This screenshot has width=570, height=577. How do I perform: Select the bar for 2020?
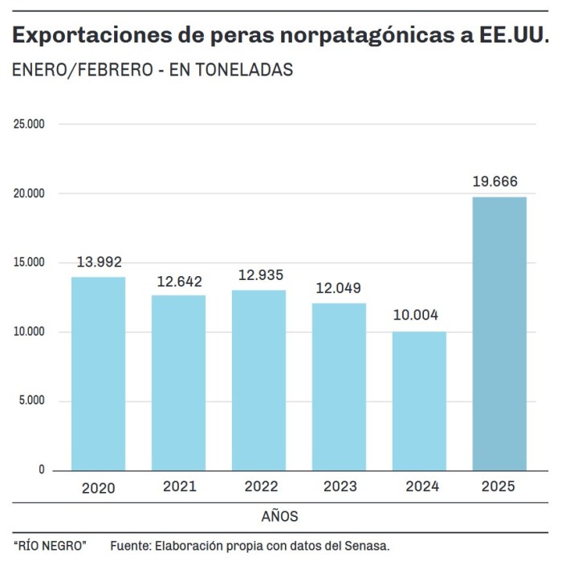[98, 373]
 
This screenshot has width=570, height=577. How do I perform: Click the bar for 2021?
[178, 382]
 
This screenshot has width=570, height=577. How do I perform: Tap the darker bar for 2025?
[499, 333]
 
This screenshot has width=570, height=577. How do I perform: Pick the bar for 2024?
[419, 400]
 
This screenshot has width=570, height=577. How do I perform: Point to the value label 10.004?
[416, 315]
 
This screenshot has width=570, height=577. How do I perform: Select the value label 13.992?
[99, 262]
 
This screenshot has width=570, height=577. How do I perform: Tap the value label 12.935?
[260, 275]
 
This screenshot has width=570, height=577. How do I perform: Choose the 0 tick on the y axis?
[42, 470]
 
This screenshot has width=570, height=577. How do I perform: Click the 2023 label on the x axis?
[340, 486]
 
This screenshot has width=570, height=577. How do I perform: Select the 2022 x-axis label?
[259, 487]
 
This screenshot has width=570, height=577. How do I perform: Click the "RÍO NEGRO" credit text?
[50, 546]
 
